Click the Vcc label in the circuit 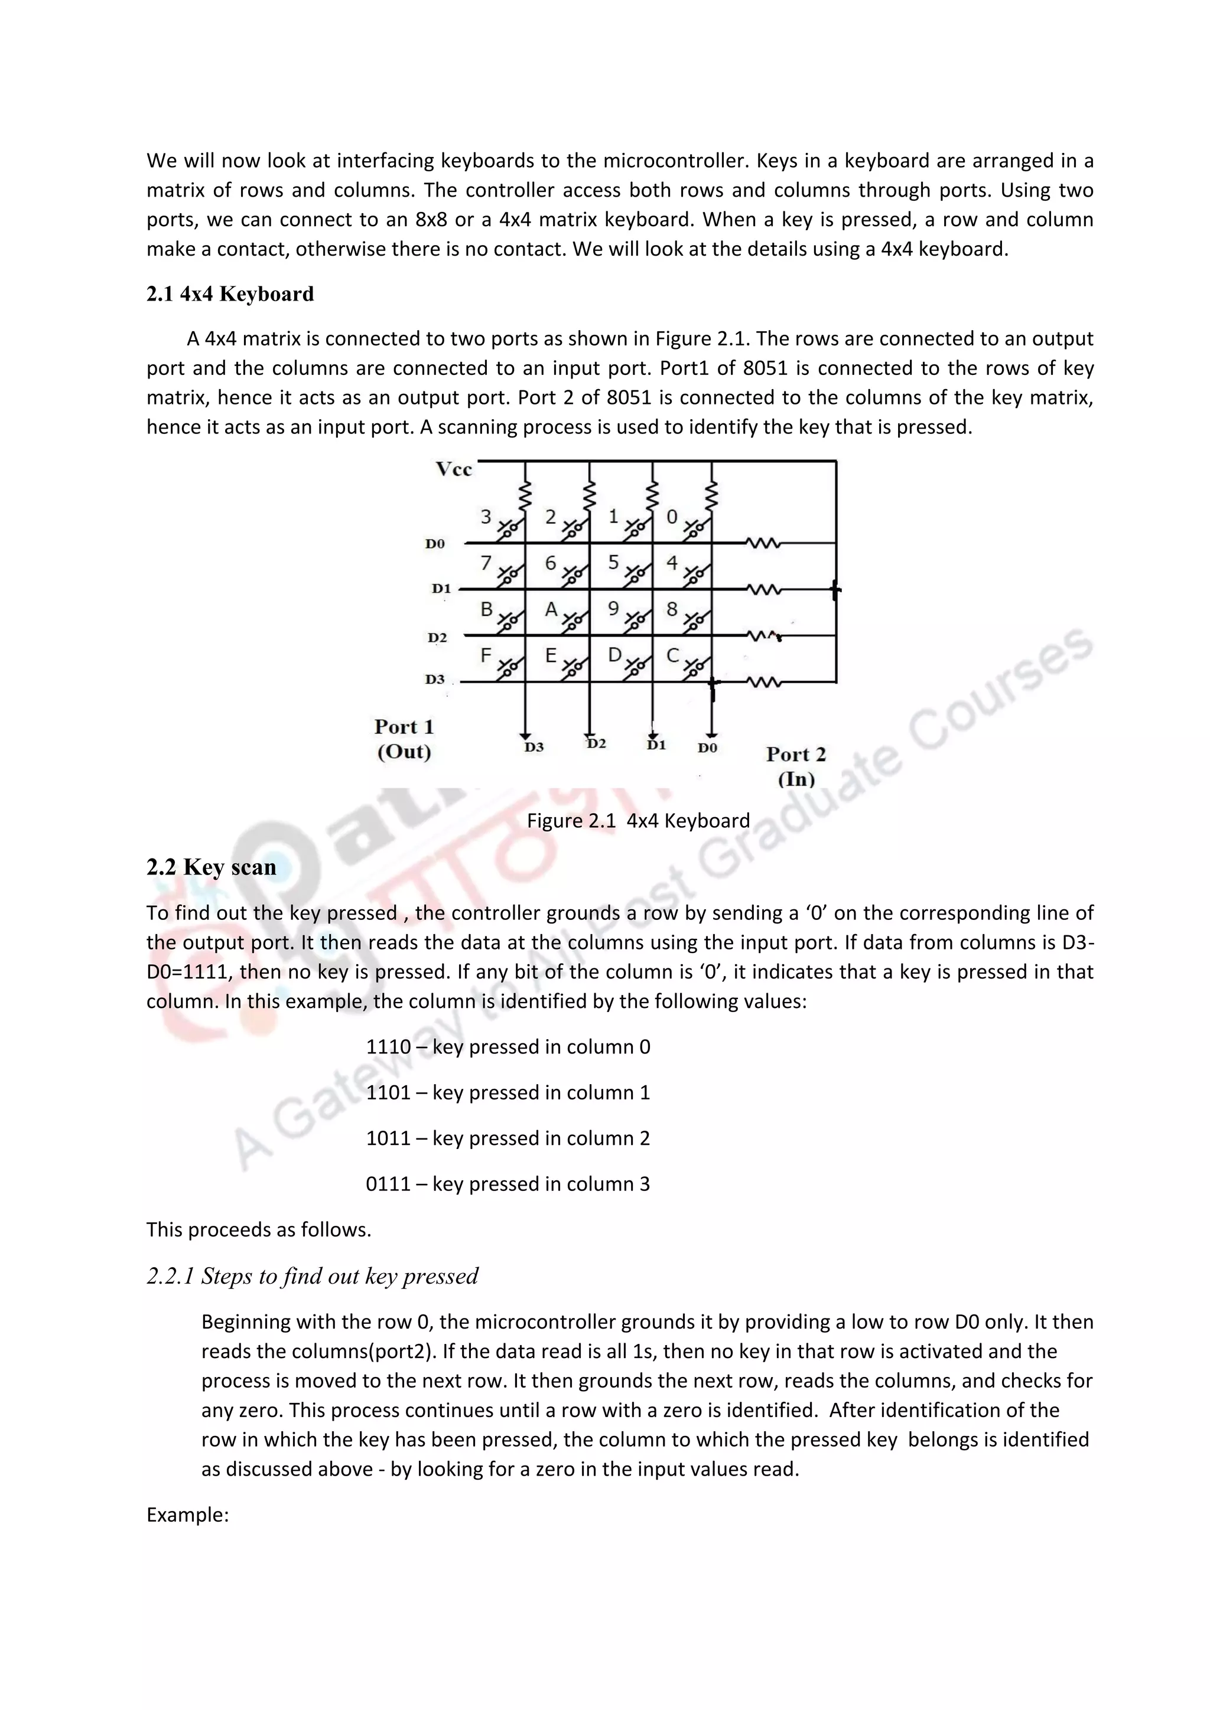(454, 469)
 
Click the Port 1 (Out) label (404, 739)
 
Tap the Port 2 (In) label (796, 766)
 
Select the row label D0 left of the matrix (435, 544)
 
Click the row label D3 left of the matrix (435, 679)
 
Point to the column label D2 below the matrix (596, 743)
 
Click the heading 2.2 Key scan (211, 867)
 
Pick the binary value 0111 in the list (388, 1184)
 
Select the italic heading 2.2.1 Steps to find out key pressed (312, 1276)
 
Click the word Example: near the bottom (187, 1515)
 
